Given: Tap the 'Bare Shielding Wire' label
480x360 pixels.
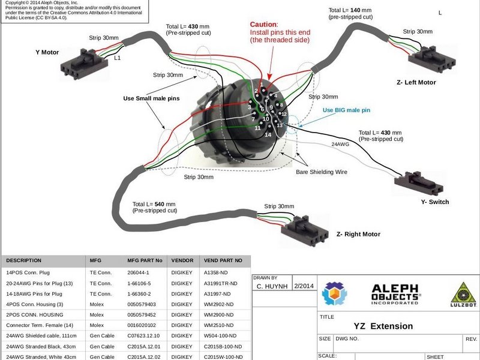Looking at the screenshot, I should point(322,172).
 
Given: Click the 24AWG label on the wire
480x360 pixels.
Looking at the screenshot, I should point(340,145).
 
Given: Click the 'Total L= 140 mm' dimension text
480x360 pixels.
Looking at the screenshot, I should point(351,10).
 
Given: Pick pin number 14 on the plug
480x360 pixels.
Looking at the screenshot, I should point(268,134).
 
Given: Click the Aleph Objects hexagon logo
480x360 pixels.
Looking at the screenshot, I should point(334,293).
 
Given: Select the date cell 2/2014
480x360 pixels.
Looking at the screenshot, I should point(303,286).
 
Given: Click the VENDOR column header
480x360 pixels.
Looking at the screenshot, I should point(182,260).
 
